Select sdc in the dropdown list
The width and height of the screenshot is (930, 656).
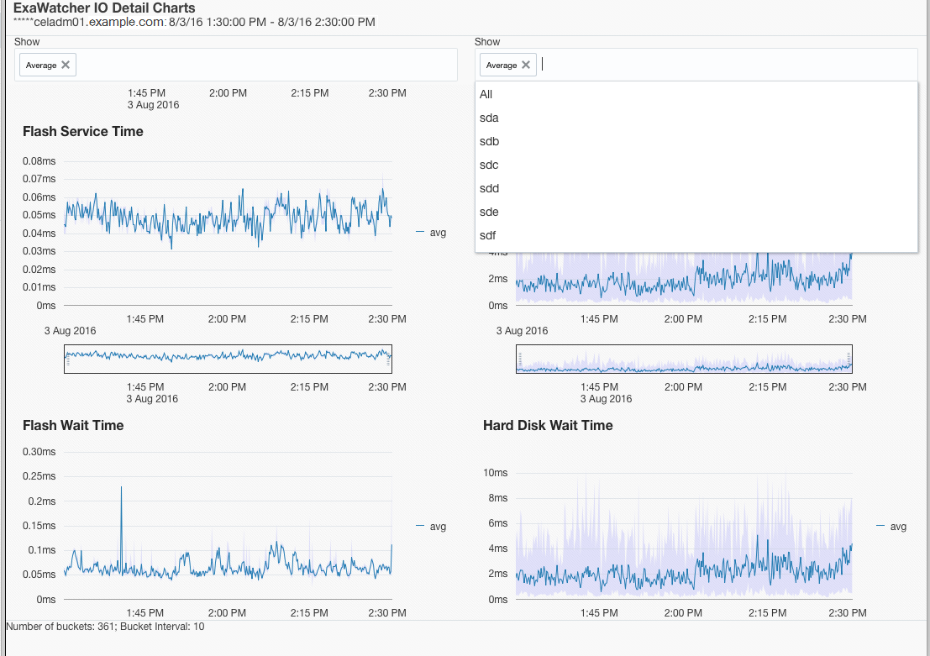tap(489, 165)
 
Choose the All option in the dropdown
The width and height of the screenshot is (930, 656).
tap(486, 94)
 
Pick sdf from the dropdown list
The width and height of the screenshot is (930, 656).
tap(488, 235)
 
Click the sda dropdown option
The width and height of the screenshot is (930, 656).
tap(489, 118)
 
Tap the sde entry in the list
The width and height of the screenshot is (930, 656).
tap(489, 212)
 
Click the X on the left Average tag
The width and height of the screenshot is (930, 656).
tap(66, 65)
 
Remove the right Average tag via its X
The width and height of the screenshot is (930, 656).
tap(526, 65)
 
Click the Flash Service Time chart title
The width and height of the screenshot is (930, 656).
tap(83, 131)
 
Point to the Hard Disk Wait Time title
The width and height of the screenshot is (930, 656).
tap(548, 425)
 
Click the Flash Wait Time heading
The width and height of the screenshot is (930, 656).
tap(73, 425)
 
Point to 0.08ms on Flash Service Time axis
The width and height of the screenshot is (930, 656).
tap(39, 161)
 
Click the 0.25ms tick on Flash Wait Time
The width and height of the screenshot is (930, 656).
tap(39, 476)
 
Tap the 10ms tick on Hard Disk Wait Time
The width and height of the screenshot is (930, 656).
tap(496, 473)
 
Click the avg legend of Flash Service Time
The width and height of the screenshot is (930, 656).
tap(437, 233)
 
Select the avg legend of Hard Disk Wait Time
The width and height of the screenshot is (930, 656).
tap(897, 527)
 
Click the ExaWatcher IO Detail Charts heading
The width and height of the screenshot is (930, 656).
tap(104, 8)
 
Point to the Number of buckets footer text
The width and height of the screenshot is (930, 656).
tap(105, 627)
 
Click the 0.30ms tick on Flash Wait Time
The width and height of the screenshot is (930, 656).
tap(39, 452)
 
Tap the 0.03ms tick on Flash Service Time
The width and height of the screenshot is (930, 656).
tap(39, 251)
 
